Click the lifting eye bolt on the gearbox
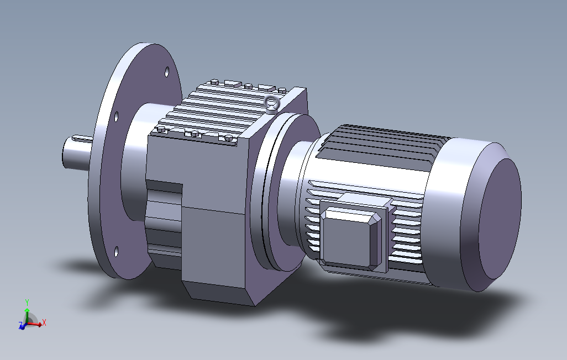(272, 104)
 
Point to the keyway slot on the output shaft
(83, 138)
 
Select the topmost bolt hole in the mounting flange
(167, 72)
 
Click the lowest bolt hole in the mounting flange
(117, 252)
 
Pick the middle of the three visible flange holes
(117, 117)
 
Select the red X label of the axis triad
(44, 322)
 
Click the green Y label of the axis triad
(27, 302)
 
